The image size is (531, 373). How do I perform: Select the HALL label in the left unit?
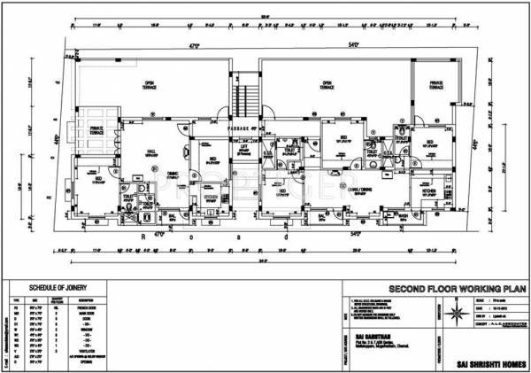tap(151, 152)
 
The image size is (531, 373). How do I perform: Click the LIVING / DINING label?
tap(345, 189)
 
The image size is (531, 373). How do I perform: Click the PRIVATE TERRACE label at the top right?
tap(436, 85)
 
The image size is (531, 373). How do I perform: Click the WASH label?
tap(403, 215)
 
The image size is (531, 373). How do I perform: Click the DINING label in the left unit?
tap(174, 175)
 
